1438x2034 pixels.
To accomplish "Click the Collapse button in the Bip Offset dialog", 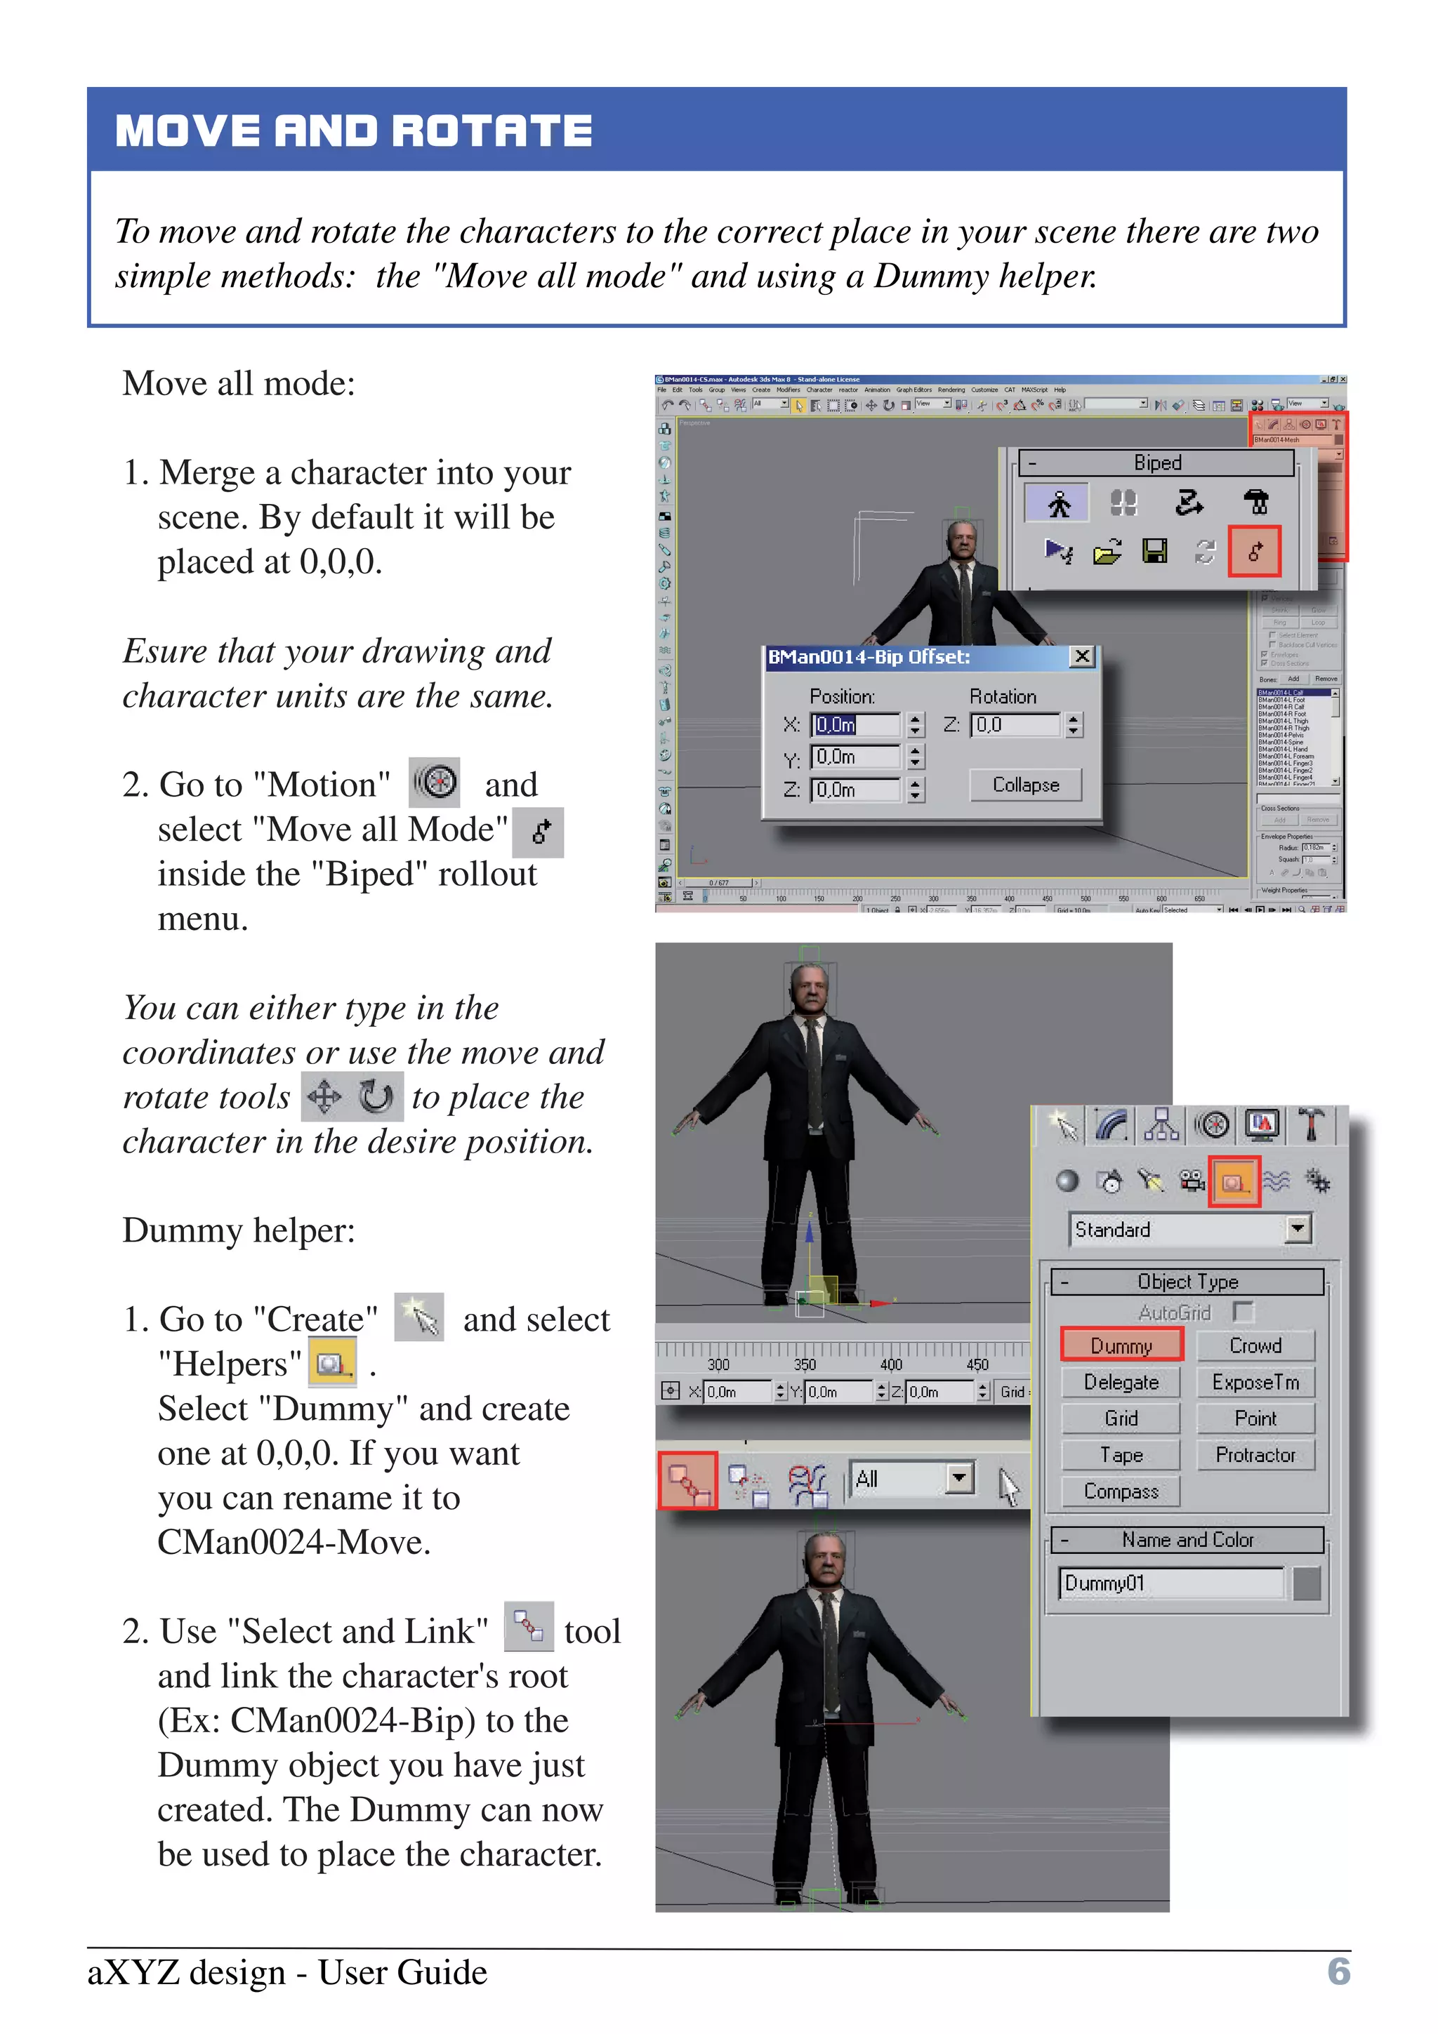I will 1025,785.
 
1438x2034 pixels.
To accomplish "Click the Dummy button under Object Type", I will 1121,1345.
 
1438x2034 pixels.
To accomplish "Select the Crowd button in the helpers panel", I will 1255,1345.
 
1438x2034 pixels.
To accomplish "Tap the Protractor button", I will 1255,1455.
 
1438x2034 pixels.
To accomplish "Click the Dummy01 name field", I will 1170,1583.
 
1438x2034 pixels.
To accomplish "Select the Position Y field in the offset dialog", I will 854,757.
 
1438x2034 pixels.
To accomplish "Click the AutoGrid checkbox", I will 1243,1311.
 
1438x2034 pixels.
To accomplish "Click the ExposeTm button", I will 1255,1382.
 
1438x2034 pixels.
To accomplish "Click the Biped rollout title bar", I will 1156,463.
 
